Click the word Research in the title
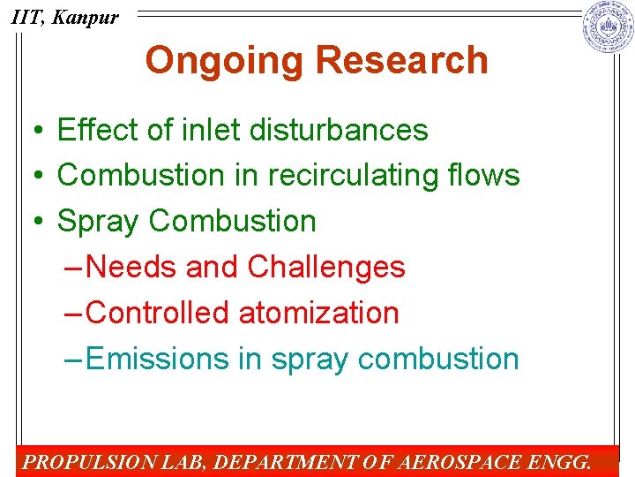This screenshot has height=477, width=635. [x=401, y=60]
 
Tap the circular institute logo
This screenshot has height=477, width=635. [x=608, y=26]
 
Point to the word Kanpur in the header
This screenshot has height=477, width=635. [x=85, y=17]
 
